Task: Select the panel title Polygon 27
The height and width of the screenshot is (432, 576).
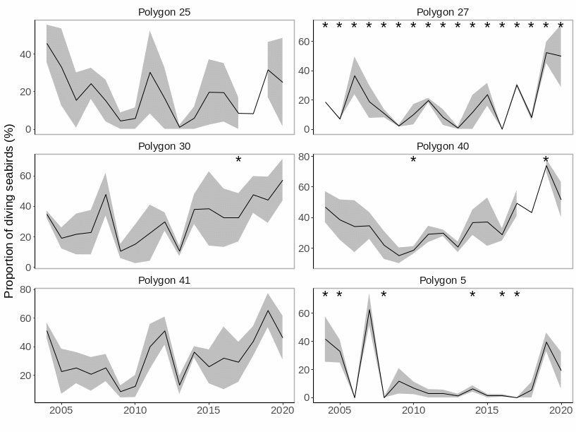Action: point(442,12)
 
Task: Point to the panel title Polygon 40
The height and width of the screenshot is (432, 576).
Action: point(442,146)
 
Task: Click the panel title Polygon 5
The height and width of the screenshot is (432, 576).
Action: point(442,280)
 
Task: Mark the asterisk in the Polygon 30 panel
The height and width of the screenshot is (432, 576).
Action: point(238,161)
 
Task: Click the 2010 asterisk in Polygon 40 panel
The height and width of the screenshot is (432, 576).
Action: point(413,161)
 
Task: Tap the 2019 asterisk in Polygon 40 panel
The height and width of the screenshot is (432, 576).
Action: point(546,161)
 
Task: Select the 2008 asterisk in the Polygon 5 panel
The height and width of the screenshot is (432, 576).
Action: point(384,295)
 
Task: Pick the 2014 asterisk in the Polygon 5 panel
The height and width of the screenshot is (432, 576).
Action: point(472,295)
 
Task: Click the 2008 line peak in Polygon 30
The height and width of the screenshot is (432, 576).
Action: point(106,194)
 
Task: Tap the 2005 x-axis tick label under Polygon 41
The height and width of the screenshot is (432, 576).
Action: point(61,409)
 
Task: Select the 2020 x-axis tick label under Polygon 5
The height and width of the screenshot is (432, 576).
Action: point(560,409)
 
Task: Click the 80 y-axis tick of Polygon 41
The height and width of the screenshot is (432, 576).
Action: point(23,289)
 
